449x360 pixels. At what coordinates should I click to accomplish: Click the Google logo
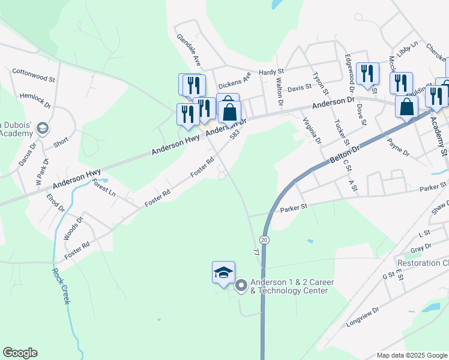point(20,353)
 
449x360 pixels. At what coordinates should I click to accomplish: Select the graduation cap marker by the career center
point(223,273)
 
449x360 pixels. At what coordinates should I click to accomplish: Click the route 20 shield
point(265,239)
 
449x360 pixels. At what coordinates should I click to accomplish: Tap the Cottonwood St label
point(34,75)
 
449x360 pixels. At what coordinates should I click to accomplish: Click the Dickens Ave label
point(234,83)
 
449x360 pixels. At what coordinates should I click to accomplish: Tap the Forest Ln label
point(104,190)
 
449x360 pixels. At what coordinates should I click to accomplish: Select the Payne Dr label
point(399,148)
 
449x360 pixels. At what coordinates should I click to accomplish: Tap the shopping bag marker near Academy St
point(407,107)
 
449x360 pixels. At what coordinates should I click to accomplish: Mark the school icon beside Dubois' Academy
point(43,128)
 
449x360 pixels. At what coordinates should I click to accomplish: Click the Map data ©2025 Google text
point(411,355)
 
